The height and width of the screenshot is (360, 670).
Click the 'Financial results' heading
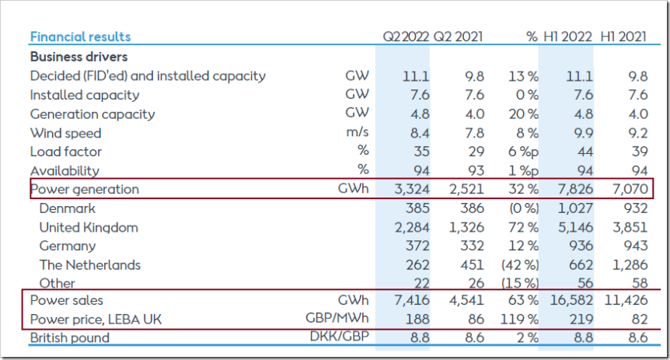tap(80, 37)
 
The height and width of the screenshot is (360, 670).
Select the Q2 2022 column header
tap(404, 37)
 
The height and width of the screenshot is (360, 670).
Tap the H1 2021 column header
tap(623, 37)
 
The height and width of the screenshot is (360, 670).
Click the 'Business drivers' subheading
tap(79, 57)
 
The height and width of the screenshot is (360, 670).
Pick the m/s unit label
tap(358, 133)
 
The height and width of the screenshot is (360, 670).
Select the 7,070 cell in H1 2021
tap(630, 189)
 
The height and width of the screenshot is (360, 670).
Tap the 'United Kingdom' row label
tap(89, 227)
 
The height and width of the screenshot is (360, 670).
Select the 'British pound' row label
tap(70, 337)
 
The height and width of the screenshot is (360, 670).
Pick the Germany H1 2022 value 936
tap(579, 246)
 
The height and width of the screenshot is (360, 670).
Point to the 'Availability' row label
tap(65, 170)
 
